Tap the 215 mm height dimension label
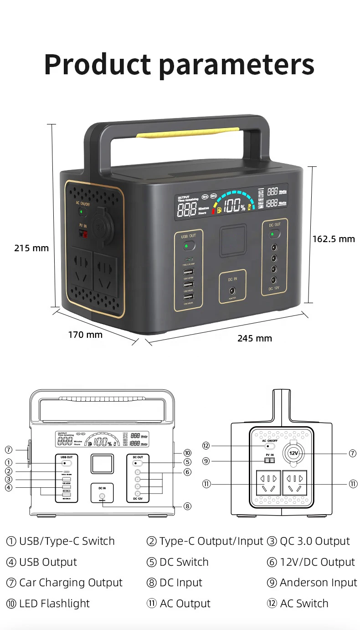point(31,248)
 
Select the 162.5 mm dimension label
point(333,239)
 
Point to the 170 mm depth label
point(85,335)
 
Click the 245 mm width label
point(254,338)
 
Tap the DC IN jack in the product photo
point(232,290)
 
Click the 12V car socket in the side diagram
point(293,453)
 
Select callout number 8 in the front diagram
point(187,506)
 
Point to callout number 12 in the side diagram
point(206,445)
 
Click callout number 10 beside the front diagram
point(187,453)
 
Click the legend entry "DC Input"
point(180,583)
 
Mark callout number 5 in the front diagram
point(187,462)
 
